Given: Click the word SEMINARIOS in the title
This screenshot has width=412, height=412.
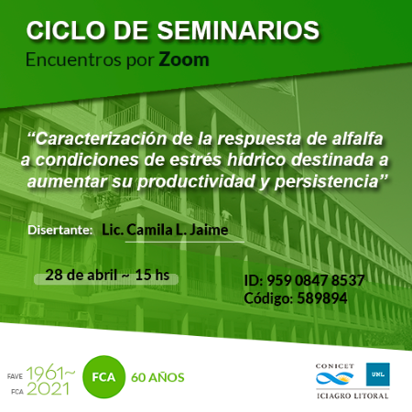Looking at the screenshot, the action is coord(238,30).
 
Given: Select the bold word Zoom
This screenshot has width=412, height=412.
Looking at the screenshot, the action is coord(184,60).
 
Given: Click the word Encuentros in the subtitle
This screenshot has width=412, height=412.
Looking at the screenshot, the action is coord(73,60).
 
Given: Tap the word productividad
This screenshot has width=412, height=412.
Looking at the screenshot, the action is coord(196,182).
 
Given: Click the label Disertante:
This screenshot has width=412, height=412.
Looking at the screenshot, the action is coord(60,230).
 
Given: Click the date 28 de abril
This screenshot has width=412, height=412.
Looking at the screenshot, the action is coord(81,275).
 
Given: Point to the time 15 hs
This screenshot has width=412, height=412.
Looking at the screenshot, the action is coord(152,275).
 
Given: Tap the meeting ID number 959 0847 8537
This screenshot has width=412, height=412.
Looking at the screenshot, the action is coord(316,280).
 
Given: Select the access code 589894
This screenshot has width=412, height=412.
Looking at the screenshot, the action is coord(322,298).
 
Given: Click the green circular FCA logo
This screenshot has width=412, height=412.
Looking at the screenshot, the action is coord(103,377).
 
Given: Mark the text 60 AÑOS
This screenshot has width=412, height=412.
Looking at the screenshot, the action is coord(157,377).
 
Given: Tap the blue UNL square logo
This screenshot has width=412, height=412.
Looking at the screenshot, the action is coord(378,374).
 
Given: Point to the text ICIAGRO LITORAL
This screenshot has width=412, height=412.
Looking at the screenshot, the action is coord(352,396).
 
